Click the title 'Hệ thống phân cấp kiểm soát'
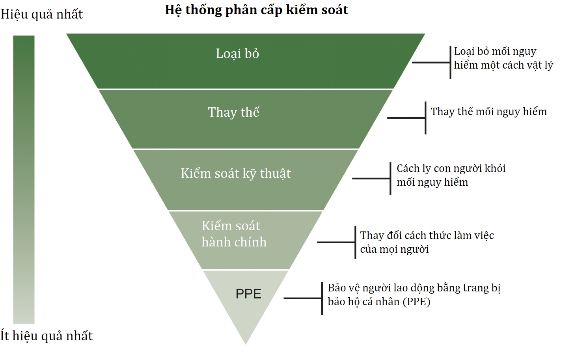pyautogui.click(x=256, y=10)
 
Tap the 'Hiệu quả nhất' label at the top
pyautogui.click(x=42, y=15)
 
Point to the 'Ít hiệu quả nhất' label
pyautogui.click(x=47, y=336)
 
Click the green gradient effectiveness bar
pyautogui.click(x=24, y=179)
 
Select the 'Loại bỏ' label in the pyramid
pyautogui.click(x=237, y=54)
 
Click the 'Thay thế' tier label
pyautogui.click(x=233, y=112)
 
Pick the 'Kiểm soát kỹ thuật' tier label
pyautogui.click(x=236, y=173)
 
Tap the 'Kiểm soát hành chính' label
pyautogui.click(x=234, y=234)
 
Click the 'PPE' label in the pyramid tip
pyautogui.click(x=248, y=294)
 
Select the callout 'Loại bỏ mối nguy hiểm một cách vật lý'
pyautogui.click(x=503, y=58)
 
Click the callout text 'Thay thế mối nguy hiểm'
pyautogui.click(x=488, y=112)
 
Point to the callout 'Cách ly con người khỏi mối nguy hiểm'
pyautogui.click(x=451, y=175)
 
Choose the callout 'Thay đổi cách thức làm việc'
pyautogui.click(x=427, y=242)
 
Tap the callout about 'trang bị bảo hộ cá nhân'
pyautogui.click(x=414, y=295)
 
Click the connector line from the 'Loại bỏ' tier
pyautogui.click(x=431, y=62)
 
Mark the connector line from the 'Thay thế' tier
pyautogui.click(x=406, y=118)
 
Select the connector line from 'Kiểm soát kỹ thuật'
pyautogui.click(x=371, y=179)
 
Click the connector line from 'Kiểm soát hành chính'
pyautogui.click(x=336, y=242)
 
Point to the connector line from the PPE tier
pyautogui.click(x=302, y=298)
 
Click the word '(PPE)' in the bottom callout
pyautogui.click(x=416, y=302)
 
